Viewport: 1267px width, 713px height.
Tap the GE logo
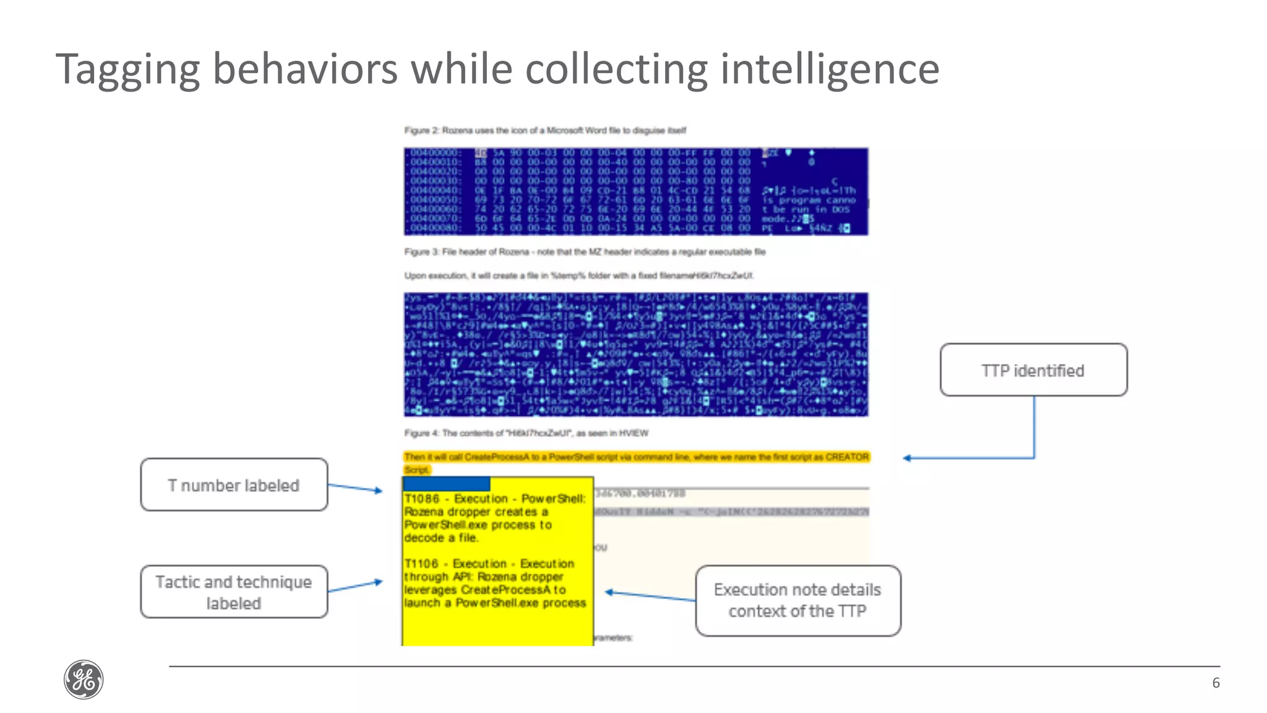tap(84, 680)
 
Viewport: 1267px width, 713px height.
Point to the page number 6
tap(1216, 683)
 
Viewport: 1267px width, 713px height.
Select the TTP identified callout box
tap(1033, 370)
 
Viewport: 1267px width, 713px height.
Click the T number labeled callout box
tap(234, 485)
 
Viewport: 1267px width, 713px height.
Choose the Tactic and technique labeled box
tap(234, 592)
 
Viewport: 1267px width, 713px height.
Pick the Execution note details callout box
tap(797, 600)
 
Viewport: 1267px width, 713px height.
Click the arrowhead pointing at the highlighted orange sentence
tap(907, 458)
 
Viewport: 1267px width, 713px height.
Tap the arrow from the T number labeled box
tap(355, 488)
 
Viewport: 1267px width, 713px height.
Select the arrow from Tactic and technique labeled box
tap(355, 586)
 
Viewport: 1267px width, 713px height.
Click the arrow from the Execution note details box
tap(650, 596)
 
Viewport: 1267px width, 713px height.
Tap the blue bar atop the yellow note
tap(446, 483)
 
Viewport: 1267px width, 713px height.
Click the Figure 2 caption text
tap(545, 131)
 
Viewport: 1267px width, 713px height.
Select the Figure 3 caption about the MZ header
tap(585, 252)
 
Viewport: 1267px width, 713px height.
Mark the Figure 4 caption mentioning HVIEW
tap(526, 433)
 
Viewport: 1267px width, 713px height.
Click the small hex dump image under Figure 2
tap(636, 191)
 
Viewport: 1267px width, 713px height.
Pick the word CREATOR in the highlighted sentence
tap(847, 457)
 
